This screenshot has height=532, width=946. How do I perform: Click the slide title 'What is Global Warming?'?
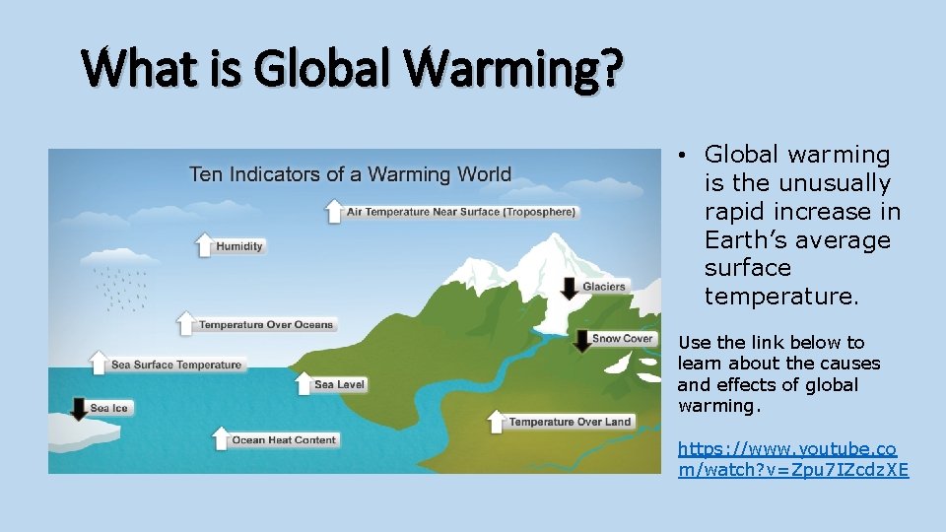click(352, 68)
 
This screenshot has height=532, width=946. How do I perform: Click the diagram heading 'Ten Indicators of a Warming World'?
click(350, 174)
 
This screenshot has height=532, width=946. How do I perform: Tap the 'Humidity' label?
click(239, 246)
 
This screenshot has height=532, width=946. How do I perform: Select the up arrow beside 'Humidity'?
click(204, 244)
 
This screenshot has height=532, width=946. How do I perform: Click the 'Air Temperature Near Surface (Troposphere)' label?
click(461, 212)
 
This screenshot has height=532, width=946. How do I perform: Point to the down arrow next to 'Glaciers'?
click(569, 287)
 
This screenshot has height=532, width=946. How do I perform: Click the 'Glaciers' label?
click(604, 287)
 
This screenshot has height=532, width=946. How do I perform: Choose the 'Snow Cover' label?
click(623, 339)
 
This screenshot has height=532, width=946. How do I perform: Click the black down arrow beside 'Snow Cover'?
click(582, 340)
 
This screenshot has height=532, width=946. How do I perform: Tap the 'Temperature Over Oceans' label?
click(266, 325)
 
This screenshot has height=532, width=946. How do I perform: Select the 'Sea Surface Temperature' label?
click(175, 365)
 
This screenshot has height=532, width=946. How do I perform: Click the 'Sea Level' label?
click(339, 385)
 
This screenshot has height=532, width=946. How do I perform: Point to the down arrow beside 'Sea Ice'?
click(78, 408)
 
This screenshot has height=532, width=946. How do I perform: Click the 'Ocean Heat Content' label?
click(284, 440)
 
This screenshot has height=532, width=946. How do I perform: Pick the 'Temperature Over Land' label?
click(570, 422)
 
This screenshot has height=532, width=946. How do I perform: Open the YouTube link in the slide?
click(792, 459)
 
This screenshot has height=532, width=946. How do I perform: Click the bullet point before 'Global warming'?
click(682, 156)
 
